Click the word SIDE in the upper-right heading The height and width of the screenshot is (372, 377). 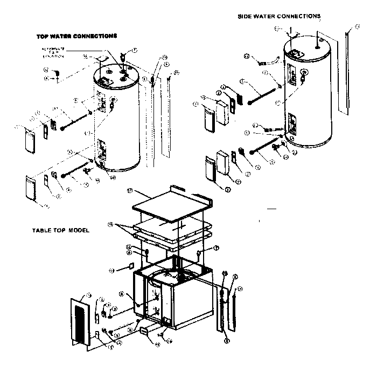(246, 16)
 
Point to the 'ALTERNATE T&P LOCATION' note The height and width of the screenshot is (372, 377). (53, 52)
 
